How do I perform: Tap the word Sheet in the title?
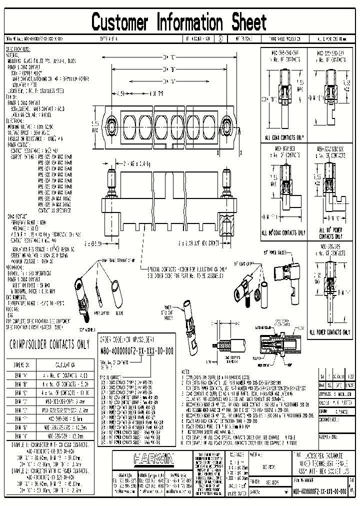pos(248,22)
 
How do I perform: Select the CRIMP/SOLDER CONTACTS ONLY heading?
pos(49,344)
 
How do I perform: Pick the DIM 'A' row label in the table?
pos(24,374)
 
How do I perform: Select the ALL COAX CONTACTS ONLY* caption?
pos(285,136)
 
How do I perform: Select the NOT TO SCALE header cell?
pos(241,38)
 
